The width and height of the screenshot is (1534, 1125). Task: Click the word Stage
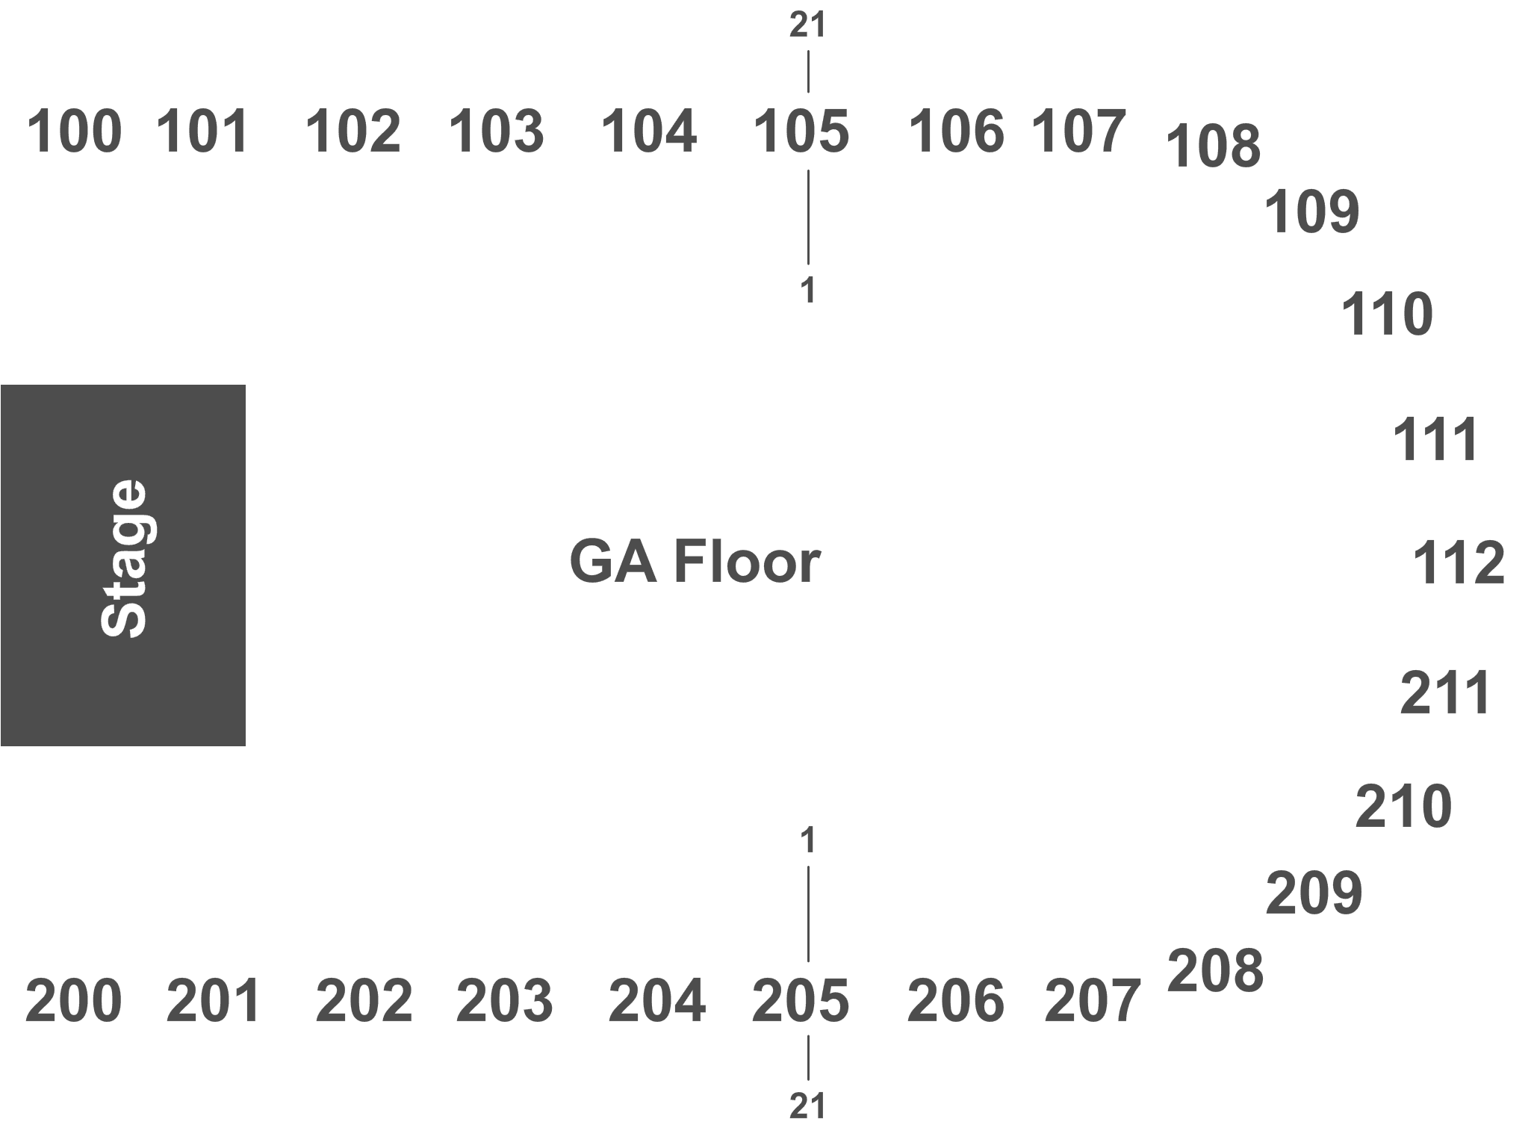(x=123, y=559)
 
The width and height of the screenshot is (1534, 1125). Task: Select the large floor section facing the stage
(x=709, y=565)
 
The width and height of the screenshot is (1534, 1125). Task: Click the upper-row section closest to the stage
(x=73, y=158)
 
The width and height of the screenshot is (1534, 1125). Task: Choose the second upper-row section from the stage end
(x=213, y=158)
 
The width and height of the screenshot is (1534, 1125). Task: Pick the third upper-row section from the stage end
(x=358, y=158)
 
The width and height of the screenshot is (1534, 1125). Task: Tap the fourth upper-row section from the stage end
(x=506, y=158)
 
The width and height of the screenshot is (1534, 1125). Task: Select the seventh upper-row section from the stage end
(x=954, y=158)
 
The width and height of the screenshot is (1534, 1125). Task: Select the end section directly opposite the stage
(x=1378, y=562)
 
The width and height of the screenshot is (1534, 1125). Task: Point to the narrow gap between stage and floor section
(x=258, y=565)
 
